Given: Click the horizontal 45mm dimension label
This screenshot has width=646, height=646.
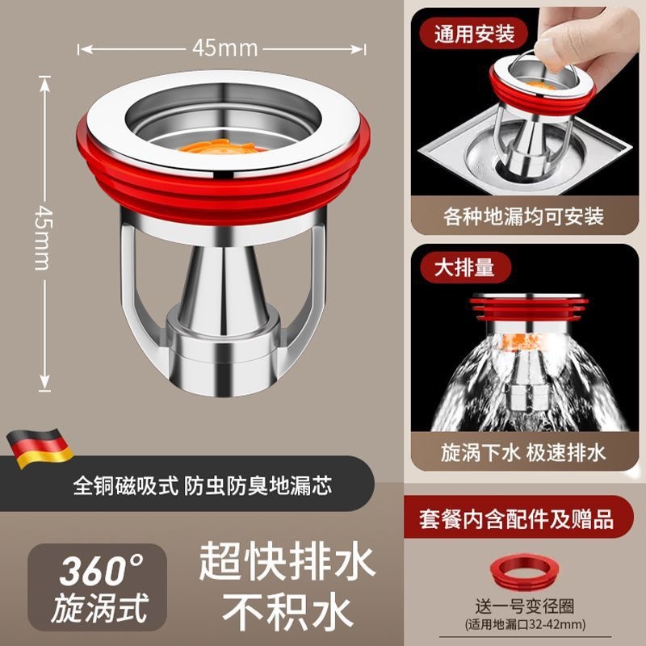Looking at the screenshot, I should (224, 48).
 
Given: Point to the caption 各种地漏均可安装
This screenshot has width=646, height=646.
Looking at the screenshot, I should (523, 216).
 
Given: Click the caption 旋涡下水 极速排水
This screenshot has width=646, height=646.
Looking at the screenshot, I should (523, 451).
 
